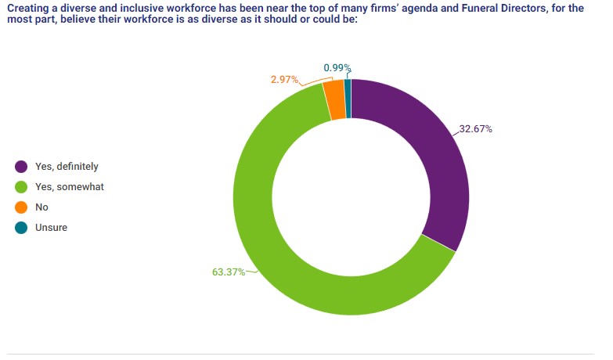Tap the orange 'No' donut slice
point(334,100)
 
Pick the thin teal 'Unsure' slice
point(348,98)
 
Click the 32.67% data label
point(475,129)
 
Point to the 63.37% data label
point(229,272)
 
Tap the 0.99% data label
point(337,68)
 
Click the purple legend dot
point(21,167)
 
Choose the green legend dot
point(21,187)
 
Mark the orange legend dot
point(21,207)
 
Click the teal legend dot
point(21,228)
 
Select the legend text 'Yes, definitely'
point(67,167)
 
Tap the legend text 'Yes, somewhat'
point(70,187)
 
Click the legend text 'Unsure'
point(52,228)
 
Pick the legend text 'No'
point(42,207)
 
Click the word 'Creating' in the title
point(27,8)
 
